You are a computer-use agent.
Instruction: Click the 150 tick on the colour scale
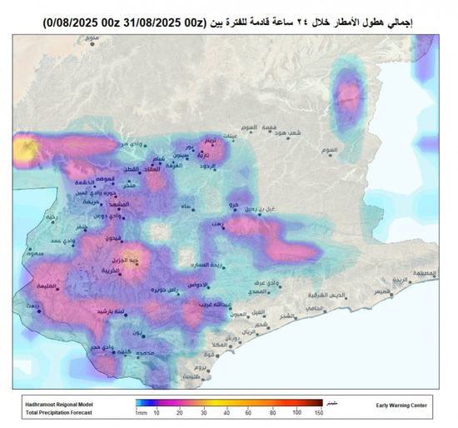(x=318, y=412)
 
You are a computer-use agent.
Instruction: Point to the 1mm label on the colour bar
(x=142, y=412)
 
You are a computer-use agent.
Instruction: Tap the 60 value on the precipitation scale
(x=249, y=412)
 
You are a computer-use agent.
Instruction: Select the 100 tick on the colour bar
(x=296, y=412)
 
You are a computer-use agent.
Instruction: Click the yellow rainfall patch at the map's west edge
(x=21, y=150)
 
